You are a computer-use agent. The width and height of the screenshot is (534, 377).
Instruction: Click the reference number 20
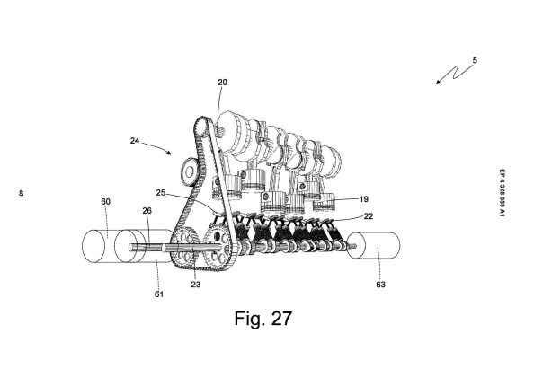(222, 83)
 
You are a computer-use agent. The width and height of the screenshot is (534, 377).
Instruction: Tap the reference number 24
(135, 140)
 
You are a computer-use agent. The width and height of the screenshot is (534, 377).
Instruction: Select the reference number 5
(475, 60)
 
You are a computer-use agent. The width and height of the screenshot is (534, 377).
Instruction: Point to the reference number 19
(364, 199)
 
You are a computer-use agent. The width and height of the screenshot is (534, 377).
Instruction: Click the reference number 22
(369, 215)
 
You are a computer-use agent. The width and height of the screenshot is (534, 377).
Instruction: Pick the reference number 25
(161, 193)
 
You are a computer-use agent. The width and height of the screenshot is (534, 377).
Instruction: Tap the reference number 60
(105, 202)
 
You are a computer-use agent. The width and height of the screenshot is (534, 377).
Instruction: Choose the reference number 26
(147, 211)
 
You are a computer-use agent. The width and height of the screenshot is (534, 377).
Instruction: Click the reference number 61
(159, 294)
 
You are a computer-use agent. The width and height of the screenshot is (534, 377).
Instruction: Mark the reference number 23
(196, 285)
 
